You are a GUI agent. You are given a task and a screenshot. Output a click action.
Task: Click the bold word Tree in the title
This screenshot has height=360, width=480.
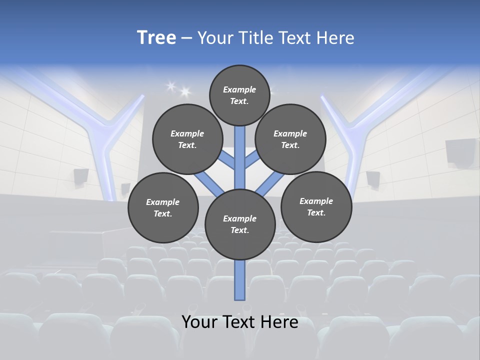coord(156,37)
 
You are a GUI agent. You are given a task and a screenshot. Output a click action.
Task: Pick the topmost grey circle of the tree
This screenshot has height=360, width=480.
coord(239,95)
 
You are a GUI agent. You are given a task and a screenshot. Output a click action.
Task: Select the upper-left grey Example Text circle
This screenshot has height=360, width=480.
coord(187,139)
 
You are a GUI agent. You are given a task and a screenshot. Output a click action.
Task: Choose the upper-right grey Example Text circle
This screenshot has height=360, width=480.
coord(290,139)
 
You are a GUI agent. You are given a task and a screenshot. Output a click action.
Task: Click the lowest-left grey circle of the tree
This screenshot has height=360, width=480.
coord(163,207)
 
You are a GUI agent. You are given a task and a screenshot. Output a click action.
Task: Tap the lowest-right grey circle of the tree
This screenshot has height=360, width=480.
coord(316,206)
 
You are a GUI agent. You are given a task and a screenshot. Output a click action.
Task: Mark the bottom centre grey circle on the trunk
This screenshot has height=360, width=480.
coord(240,224)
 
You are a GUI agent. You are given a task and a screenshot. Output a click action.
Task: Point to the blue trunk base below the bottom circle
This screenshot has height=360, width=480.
coord(240,280)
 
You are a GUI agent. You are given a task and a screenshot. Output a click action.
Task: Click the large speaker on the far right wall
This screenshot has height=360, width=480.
coord(460,151)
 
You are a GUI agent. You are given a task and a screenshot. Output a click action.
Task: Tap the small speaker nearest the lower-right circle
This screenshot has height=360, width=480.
coord(373,179)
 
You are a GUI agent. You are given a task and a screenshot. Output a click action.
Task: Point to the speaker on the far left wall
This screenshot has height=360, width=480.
coord(81,176)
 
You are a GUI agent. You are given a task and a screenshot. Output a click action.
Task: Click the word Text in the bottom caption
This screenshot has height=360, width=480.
coord(237,321)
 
